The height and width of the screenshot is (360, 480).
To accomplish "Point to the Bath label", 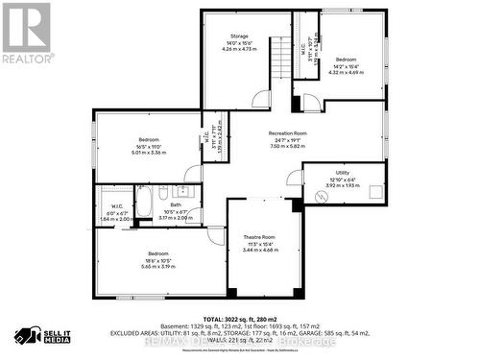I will pyautogui.click(x=176, y=204).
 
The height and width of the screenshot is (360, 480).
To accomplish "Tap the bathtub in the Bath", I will pyautogui.click(x=142, y=202).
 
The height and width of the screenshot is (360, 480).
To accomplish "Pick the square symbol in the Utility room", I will pyautogui.click(x=382, y=189).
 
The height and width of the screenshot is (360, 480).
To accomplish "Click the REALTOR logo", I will pyautogui.click(x=26, y=33).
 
